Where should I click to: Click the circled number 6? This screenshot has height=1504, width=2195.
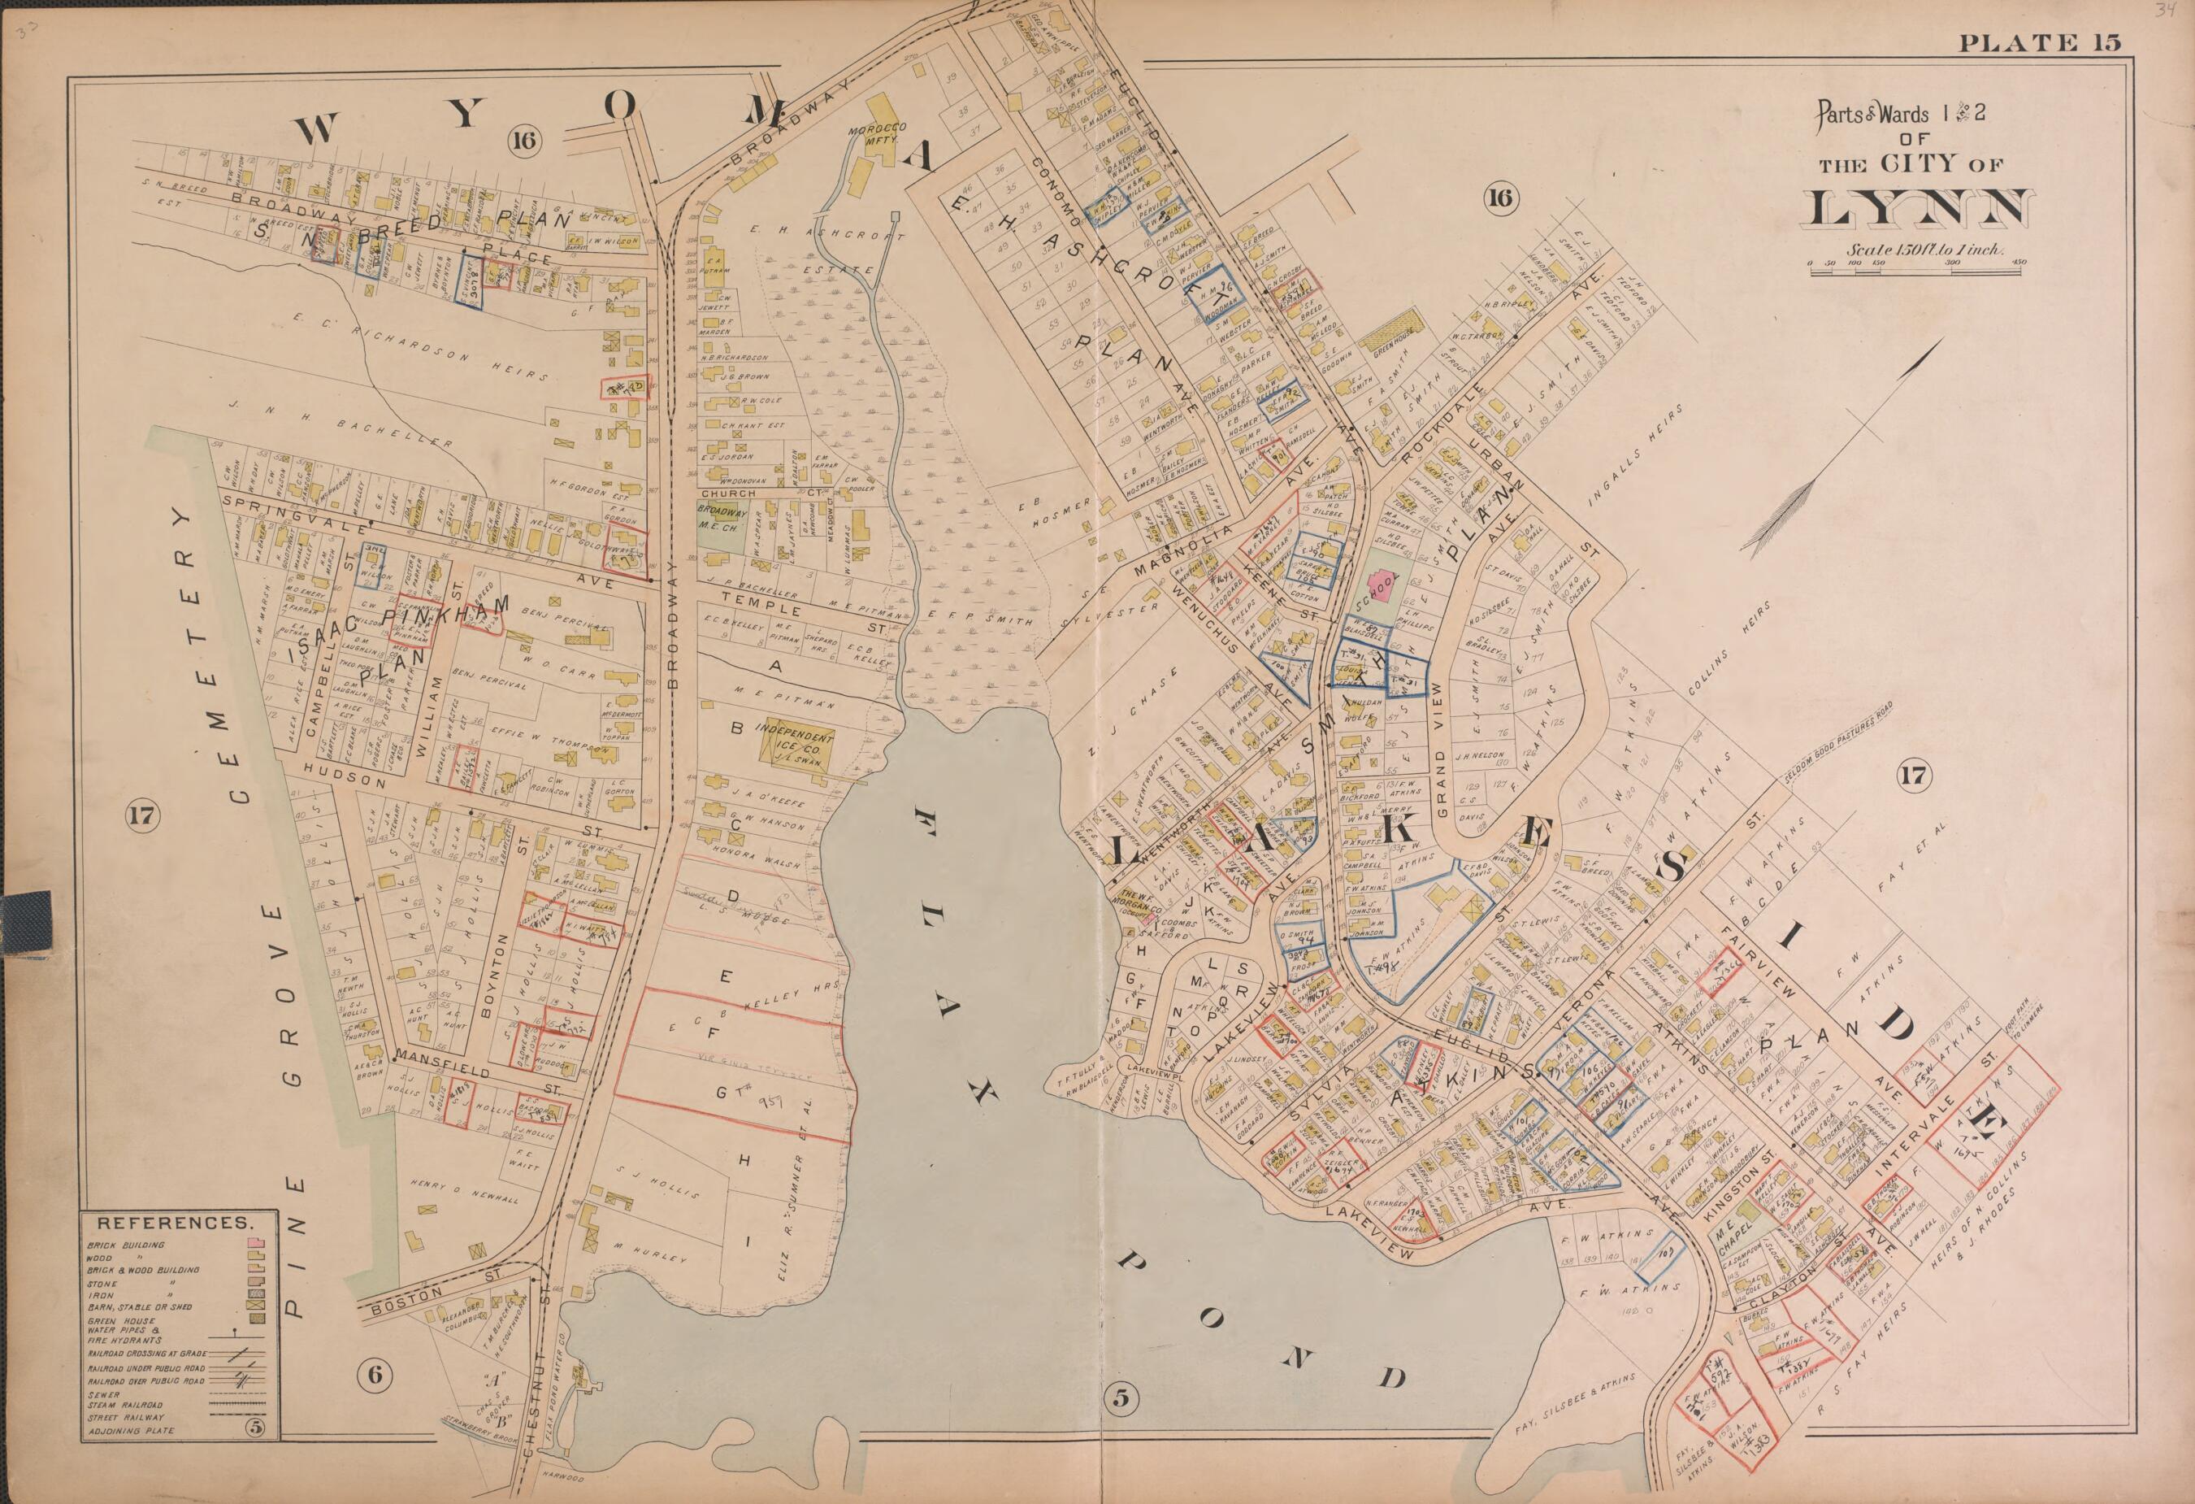375,1376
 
